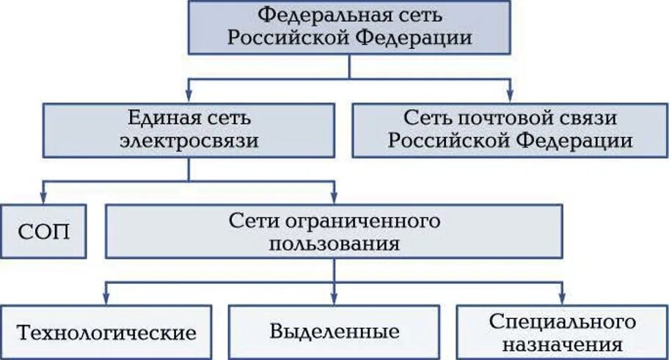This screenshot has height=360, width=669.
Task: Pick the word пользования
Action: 334,243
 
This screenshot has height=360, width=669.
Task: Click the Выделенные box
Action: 334,331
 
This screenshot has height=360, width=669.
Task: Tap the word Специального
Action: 561,321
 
